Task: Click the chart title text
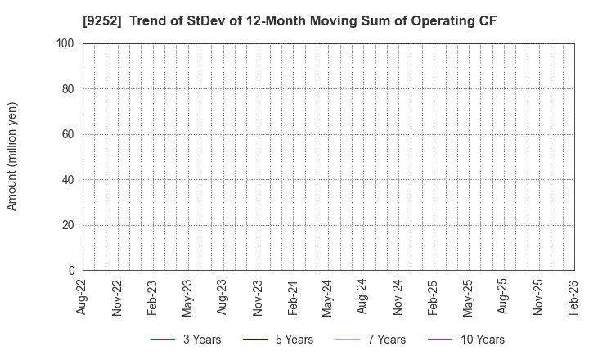click(x=294, y=20)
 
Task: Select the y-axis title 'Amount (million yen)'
click(x=12, y=156)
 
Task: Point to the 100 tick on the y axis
click(x=66, y=43)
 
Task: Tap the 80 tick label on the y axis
click(x=69, y=88)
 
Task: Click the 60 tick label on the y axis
click(x=69, y=134)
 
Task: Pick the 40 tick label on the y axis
click(x=69, y=179)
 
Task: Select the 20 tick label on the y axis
click(x=69, y=225)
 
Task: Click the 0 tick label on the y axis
click(x=72, y=270)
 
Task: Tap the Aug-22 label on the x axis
click(x=83, y=297)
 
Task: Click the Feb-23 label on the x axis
click(x=153, y=297)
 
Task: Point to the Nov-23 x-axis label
click(x=258, y=297)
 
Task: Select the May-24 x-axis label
click(x=328, y=297)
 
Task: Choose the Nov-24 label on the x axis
click(x=398, y=297)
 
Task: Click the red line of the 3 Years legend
click(x=163, y=340)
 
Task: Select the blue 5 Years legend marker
click(x=255, y=340)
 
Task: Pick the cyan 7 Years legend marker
click(x=348, y=340)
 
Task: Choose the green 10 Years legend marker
click(x=440, y=340)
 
